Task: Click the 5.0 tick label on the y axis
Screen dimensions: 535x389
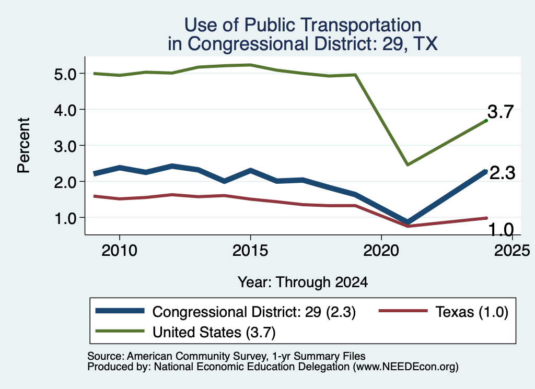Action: coord(65,74)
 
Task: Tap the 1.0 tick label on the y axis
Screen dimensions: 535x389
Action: coord(65,218)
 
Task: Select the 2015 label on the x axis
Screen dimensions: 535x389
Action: coord(250,251)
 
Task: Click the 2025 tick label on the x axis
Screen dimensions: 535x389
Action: coord(512,251)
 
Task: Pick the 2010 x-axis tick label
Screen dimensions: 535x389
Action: coord(120,251)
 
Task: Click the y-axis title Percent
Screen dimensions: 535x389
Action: coord(24,146)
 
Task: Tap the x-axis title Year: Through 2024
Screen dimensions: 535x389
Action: coord(303,282)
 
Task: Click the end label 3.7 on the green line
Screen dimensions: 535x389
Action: coord(501,112)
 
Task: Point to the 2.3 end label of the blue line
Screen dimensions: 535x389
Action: coord(502,173)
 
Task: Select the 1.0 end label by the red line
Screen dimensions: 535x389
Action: coord(501,230)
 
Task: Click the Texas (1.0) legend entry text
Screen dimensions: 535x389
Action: coord(472,312)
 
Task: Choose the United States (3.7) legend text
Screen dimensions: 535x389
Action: coord(214,333)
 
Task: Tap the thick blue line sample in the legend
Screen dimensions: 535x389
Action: coord(120,311)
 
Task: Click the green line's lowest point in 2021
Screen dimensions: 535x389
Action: coord(408,164)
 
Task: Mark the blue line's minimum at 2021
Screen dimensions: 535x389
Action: coord(407,222)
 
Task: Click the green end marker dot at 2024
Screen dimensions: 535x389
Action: coord(486,121)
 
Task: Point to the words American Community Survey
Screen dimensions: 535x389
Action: coord(197,356)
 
